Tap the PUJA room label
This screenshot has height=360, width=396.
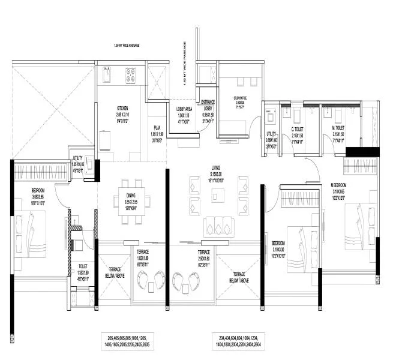click(x=157, y=127)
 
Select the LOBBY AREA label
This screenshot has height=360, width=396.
click(x=184, y=109)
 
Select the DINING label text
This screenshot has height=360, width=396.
click(x=131, y=196)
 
